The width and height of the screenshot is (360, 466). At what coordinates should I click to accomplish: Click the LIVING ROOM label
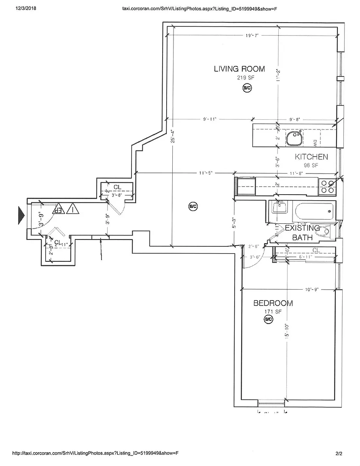[239, 69]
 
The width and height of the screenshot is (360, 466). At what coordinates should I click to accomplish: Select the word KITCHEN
[311, 157]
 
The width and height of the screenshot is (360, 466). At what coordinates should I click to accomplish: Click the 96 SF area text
[311, 165]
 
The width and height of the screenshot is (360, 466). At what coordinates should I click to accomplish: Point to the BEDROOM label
[273, 303]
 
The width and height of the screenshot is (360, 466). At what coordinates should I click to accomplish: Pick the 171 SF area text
[273, 311]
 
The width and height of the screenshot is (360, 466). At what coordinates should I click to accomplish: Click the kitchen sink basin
[293, 138]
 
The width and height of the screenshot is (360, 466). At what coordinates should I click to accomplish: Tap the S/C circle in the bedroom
[268, 320]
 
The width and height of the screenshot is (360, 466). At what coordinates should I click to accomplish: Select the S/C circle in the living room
[247, 88]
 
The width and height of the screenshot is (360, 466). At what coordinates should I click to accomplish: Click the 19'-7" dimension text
[252, 36]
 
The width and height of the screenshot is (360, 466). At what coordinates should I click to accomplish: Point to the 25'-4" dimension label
[173, 136]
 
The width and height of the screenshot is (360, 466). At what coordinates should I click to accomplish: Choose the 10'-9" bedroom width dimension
[312, 289]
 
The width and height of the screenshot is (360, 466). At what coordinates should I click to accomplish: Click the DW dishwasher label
[314, 142]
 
